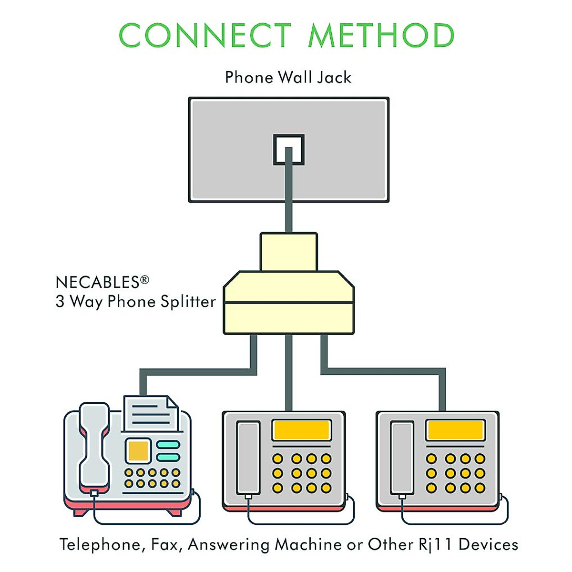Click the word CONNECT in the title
tap(204, 36)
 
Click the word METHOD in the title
tap(381, 36)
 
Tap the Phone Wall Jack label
tap(288, 77)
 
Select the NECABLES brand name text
tap(97, 282)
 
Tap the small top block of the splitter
tap(288, 252)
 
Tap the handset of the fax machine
tap(94, 446)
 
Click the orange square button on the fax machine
tap(138, 450)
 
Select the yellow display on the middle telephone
tap(301, 430)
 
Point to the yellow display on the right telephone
tap(455, 430)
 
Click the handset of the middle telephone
tap(248, 458)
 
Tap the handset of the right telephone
tap(402, 458)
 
